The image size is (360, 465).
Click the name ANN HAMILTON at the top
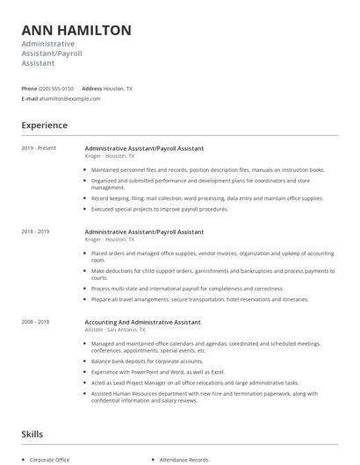76,30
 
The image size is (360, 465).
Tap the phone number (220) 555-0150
56,89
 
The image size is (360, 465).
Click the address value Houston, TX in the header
118,89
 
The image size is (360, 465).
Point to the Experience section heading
44,125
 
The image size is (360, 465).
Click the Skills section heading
33,434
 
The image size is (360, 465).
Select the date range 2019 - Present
39,148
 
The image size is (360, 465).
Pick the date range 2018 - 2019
35,232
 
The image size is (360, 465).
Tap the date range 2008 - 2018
35,322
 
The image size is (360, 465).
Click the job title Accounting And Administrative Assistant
143,322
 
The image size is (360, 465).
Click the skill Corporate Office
49,459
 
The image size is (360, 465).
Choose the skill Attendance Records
184,459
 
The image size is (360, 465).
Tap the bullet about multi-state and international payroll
188,288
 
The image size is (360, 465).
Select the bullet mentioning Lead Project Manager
195,383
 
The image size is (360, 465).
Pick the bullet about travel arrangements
200,299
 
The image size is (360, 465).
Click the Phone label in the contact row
29,89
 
